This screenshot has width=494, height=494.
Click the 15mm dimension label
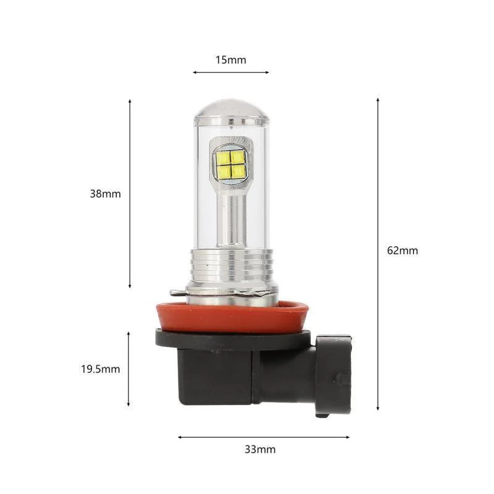click(x=231, y=60)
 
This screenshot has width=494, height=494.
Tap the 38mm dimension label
click(x=105, y=193)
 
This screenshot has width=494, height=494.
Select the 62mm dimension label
click(x=403, y=250)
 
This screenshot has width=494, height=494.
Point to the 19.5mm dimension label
click(x=100, y=369)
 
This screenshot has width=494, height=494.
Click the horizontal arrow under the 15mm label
click(x=231, y=72)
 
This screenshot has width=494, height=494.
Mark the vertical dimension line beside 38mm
click(x=130, y=193)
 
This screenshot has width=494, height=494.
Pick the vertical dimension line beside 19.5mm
click(x=128, y=369)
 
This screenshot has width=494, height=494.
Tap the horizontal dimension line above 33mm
click(x=264, y=437)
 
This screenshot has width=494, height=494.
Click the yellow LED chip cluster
click(x=231, y=164)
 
